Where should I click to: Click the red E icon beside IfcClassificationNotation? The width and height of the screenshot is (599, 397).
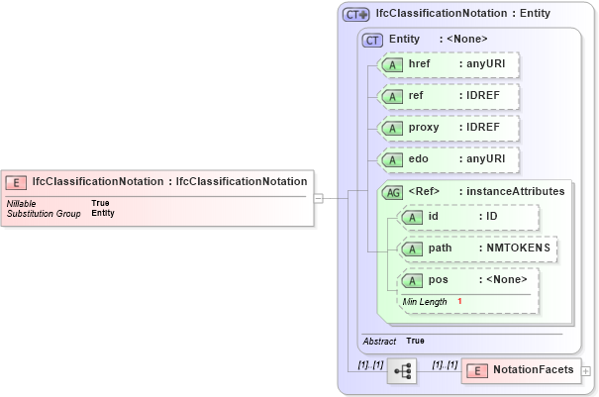pyautogui.click(x=17, y=181)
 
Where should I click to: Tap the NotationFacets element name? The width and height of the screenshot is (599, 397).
pyautogui.click(x=533, y=370)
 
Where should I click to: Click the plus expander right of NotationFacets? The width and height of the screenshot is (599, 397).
pyautogui.click(x=586, y=370)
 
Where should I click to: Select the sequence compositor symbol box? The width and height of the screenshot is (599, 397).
pyautogui.click(x=403, y=371)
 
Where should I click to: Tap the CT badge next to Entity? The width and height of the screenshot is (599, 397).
pyautogui.click(x=372, y=40)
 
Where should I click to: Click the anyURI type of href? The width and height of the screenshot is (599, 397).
pyautogui.click(x=486, y=63)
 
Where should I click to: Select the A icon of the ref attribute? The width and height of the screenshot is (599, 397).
pyautogui.click(x=392, y=96)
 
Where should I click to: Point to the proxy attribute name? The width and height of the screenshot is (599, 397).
pyautogui.click(x=424, y=128)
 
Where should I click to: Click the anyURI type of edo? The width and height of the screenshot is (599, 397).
pyautogui.click(x=486, y=159)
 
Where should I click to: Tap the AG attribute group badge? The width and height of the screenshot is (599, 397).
pyautogui.click(x=392, y=191)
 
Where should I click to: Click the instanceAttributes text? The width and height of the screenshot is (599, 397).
pyautogui.click(x=517, y=191)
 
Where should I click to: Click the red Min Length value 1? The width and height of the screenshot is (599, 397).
pyautogui.click(x=459, y=301)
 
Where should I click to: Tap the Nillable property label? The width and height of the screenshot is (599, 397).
pyautogui.click(x=22, y=203)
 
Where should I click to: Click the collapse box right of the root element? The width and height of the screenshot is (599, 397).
pyautogui.click(x=318, y=198)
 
